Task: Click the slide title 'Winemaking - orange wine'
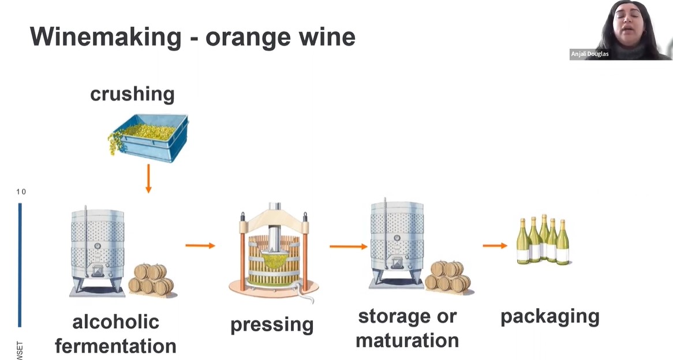point(192,37)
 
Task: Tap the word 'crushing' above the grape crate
point(132,93)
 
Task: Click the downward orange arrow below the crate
point(148,178)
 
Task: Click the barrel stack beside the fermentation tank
point(151,279)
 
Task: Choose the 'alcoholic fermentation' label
point(115,334)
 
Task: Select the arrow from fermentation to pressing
point(200,246)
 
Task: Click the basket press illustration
point(273,254)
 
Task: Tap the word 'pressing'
point(272,324)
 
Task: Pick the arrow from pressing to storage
point(348,246)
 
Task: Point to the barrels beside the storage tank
point(448,276)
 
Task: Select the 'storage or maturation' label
point(407,328)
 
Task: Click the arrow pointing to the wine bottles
point(495,246)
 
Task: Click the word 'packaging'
point(549,316)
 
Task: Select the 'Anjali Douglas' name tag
point(589,54)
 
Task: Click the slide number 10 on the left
point(21,192)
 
